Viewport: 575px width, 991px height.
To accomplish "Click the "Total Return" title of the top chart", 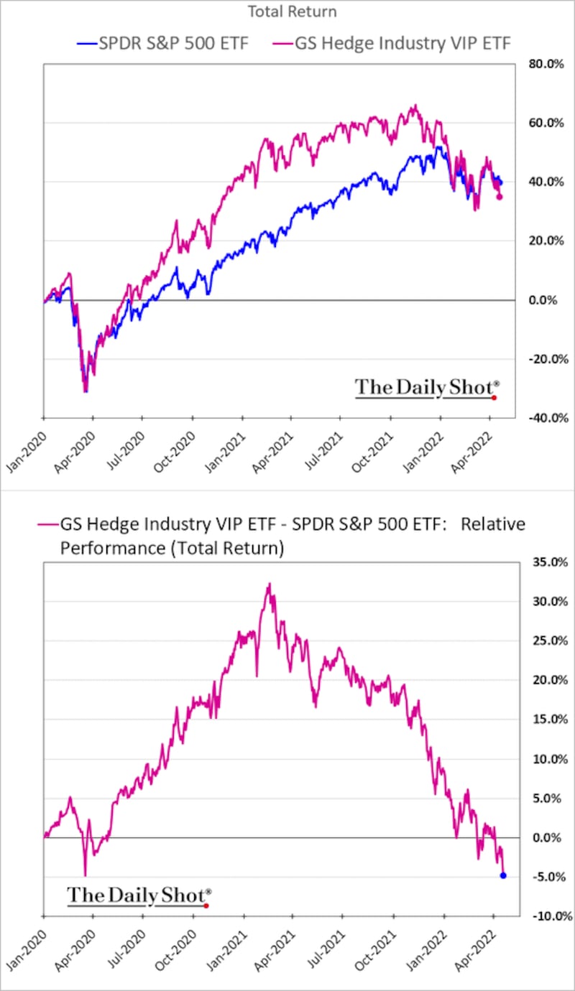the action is coord(292,11).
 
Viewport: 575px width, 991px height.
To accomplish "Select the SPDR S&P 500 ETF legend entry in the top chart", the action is coord(163,43).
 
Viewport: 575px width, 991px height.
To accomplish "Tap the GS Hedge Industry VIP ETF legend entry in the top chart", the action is coord(392,43).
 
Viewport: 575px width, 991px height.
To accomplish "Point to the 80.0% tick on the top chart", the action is coord(546,64).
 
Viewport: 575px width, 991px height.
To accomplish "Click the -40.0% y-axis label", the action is coord(548,418).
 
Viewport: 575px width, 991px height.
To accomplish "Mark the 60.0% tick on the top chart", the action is coord(546,123).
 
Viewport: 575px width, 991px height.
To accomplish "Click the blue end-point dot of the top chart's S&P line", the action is coord(500,182).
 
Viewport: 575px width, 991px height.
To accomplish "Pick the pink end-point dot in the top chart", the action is coord(500,197).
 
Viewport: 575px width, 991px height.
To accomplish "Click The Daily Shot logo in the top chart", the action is coord(427,388).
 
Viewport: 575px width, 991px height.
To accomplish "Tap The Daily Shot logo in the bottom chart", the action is coord(139,896).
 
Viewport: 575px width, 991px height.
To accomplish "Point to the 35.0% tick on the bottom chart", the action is coord(551,562).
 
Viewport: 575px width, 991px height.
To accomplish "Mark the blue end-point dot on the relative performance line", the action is coord(503,875).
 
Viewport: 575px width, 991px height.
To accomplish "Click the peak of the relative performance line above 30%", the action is coord(270,584).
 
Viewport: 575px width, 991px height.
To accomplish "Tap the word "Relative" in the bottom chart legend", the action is coord(493,524).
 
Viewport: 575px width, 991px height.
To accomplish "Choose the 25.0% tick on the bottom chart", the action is coord(551,641).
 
